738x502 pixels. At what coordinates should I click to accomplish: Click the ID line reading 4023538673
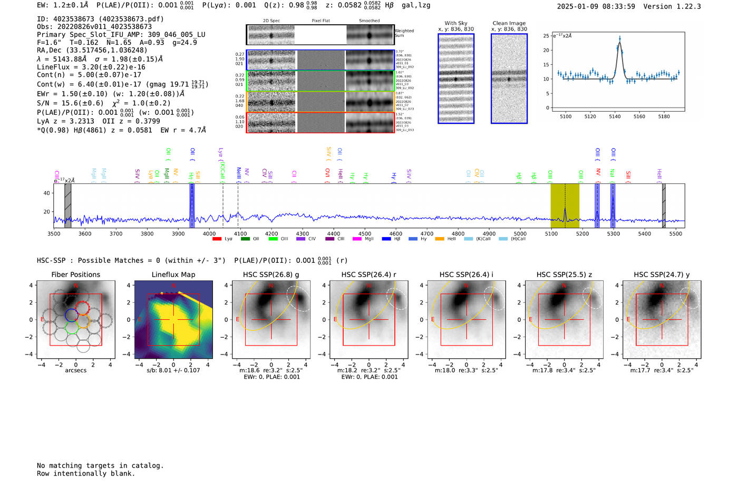point(100,19)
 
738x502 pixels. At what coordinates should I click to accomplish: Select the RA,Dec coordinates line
point(92,51)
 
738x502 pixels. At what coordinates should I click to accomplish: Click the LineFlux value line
point(91,67)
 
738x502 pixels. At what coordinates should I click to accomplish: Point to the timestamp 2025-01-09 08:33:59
point(596,6)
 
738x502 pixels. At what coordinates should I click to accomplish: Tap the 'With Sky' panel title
point(455,23)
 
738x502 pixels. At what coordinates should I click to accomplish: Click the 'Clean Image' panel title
point(509,23)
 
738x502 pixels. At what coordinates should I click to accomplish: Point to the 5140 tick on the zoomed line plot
point(615,116)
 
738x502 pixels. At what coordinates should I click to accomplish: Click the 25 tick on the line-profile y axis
point(547,36)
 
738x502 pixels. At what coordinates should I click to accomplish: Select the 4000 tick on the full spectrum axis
point(209,234)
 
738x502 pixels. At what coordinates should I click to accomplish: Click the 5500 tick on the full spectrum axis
point(675,234)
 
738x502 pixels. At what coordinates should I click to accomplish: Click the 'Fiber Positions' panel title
point(75,274)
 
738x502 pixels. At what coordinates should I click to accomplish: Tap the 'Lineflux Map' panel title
point(173,274)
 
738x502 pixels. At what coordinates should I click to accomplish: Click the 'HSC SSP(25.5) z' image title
point(564,274)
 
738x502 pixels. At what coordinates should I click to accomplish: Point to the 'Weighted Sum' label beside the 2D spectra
point(404,33)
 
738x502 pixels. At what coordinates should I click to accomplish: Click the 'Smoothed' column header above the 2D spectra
point(369,21)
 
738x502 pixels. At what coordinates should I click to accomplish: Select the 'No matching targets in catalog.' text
point(100,466)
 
